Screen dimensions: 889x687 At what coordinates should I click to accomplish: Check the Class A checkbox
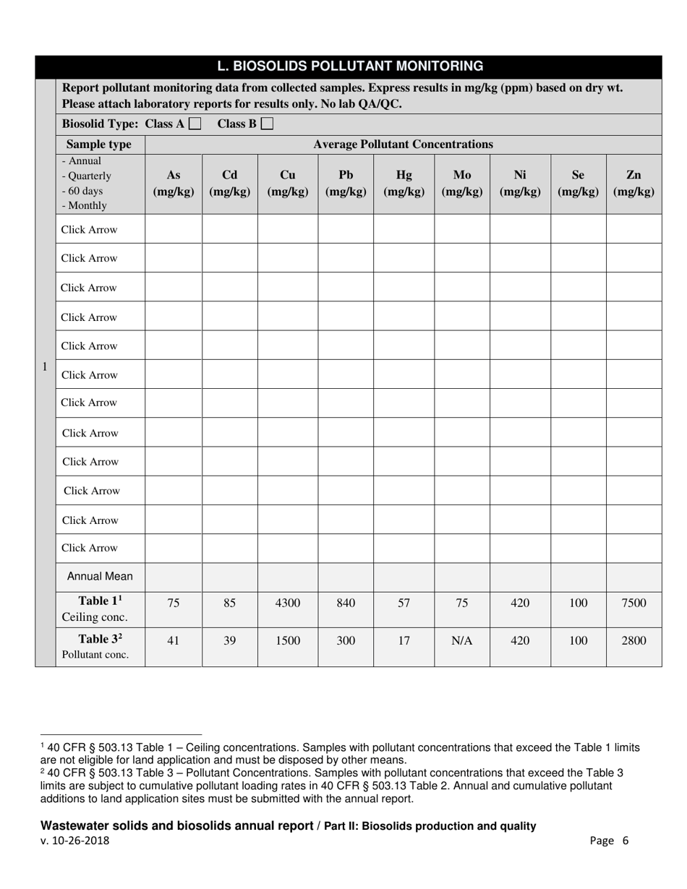point(195,124)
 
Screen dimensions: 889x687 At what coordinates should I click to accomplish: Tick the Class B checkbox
point(267,124)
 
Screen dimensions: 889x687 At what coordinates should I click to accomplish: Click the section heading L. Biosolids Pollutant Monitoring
point(351,66)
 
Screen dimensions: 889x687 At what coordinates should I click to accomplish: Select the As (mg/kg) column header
point(174,184)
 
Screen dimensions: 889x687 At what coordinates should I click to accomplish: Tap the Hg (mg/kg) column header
point(404,184)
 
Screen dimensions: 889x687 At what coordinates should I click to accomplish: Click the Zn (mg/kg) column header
point(633,184)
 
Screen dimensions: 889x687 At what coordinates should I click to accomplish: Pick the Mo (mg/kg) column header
point(462,184)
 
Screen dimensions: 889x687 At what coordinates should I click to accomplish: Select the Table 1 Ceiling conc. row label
point(100,609)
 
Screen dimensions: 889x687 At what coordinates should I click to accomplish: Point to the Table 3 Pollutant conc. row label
point(100,647)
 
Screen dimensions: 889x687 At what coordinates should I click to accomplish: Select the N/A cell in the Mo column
point(462,640)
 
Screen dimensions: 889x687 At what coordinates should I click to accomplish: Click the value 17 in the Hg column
point(404,640)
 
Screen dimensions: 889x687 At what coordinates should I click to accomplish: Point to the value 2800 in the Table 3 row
point(633,640)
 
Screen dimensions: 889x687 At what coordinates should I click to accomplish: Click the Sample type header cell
point(99,145)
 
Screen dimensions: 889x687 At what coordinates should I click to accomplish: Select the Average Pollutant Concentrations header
point(403,145)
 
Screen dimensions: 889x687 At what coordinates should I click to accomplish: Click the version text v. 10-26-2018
point(75,841)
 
